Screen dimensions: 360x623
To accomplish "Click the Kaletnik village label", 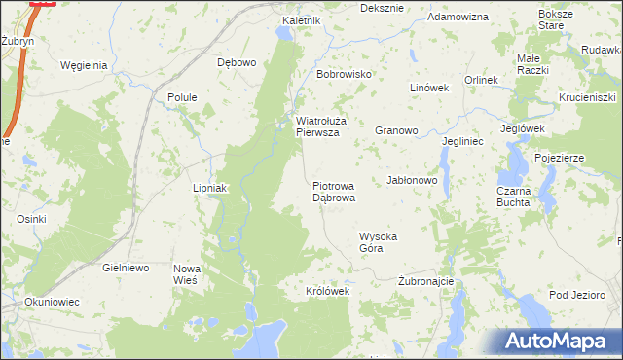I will [x=301, y=20].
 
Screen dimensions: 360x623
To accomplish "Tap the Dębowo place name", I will [x=237, y=62].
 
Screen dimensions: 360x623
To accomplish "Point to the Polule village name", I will [x=183, y=97].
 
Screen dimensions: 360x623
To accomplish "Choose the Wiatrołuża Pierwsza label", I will [x=317, y=127].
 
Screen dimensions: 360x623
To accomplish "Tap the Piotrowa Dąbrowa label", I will [x=334, y=191].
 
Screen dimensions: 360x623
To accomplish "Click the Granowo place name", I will [x=396, y=129].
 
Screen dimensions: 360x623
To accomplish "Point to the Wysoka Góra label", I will [x=379, y=242].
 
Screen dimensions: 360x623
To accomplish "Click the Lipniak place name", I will [x=209, y=188].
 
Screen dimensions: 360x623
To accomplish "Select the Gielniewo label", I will [x=125, y=267].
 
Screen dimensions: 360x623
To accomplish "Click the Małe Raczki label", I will [x=532, y=65].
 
